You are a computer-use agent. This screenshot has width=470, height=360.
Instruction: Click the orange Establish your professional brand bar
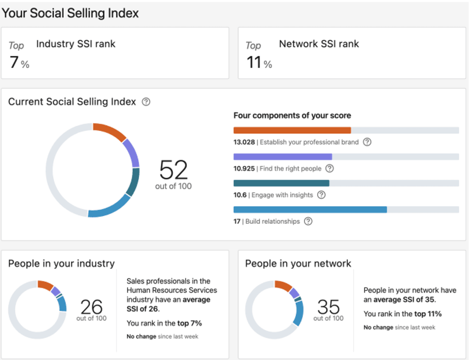tap(292, 130)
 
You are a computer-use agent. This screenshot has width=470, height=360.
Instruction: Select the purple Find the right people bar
tap(283, 157)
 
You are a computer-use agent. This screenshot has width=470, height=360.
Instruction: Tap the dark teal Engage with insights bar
tap(281, 183)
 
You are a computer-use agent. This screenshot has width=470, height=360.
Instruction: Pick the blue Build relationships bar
tap(310, 209)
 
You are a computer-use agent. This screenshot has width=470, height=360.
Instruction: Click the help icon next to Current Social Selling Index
tap(146, 102)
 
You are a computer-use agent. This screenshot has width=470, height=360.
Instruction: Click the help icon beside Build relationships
tap(308, 221)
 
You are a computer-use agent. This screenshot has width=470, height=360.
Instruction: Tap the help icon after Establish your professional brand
tap(367, 142)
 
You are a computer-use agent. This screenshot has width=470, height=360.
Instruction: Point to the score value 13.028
tap(244, 142)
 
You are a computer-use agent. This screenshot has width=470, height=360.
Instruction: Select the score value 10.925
tap(244, 168)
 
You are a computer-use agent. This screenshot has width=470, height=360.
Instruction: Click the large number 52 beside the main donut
tap(174, 170)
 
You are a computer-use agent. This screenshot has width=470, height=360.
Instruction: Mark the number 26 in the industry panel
tap(91, 307)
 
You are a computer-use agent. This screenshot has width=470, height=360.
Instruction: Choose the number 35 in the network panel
tap(329, 307)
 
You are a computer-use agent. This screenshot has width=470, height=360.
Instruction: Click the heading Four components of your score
tap(292, 116)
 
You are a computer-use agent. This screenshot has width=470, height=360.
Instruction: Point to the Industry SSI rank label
tap(76, 44)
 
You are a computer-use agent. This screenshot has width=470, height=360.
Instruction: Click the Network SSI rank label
tap(319, 44)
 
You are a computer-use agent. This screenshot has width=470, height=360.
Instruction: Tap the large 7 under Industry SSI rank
tap(14, 63)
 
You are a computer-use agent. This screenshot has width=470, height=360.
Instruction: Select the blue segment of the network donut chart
tap(299, 313)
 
